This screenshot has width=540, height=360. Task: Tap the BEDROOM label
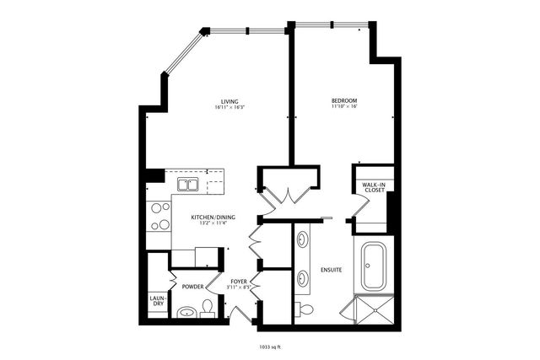click(x=345, y=101)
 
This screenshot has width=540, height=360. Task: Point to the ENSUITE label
click(x=332, y=270)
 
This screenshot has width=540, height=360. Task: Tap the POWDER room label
click(x=193, y=287)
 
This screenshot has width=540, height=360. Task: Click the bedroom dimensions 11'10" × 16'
click(x=345, y=108)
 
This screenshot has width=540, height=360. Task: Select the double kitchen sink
click(x=187, y=184)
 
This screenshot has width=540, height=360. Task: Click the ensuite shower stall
click(x=373, y=308)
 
